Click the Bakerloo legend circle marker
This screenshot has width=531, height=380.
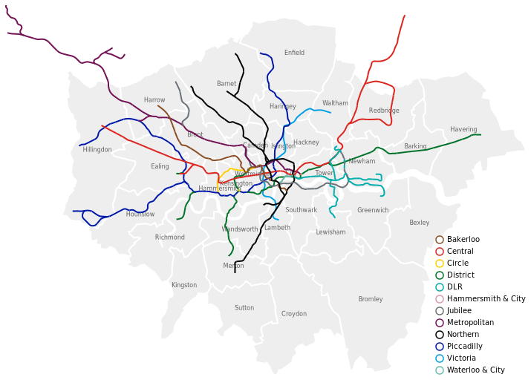(x=440, y=240)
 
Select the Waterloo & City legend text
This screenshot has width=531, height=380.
(x=475, y=370)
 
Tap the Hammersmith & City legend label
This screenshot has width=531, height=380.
(x=486, y=299)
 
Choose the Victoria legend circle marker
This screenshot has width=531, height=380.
(x=440, y=358)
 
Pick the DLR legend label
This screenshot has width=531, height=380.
(x=455, y=287)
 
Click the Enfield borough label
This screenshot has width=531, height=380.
(x=294, y=53)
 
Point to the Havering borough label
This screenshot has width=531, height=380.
(x=463, y=129)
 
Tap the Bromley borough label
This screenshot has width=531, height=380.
(x=370, y=299)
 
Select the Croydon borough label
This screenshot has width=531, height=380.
(x=294, y=314)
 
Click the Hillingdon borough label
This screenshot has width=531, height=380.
(x=97, y=150)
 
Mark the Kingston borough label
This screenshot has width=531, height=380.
(x=184, y=285)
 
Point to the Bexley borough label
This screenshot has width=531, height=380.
(x=419, y=223)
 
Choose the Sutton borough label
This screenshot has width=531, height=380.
(x=244, y=308)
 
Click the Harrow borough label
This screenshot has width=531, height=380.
(x=154, y=100)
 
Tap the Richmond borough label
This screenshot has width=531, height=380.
(x=169, y=237)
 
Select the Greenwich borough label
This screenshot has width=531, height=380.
(x=373, y=211)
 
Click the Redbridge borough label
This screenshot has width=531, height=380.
(x=384, y=111)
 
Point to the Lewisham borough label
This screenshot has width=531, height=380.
(x=330, y=232)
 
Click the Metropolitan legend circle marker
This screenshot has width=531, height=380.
(x=440, y=323)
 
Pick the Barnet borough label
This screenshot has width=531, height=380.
(x=227, y=84)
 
